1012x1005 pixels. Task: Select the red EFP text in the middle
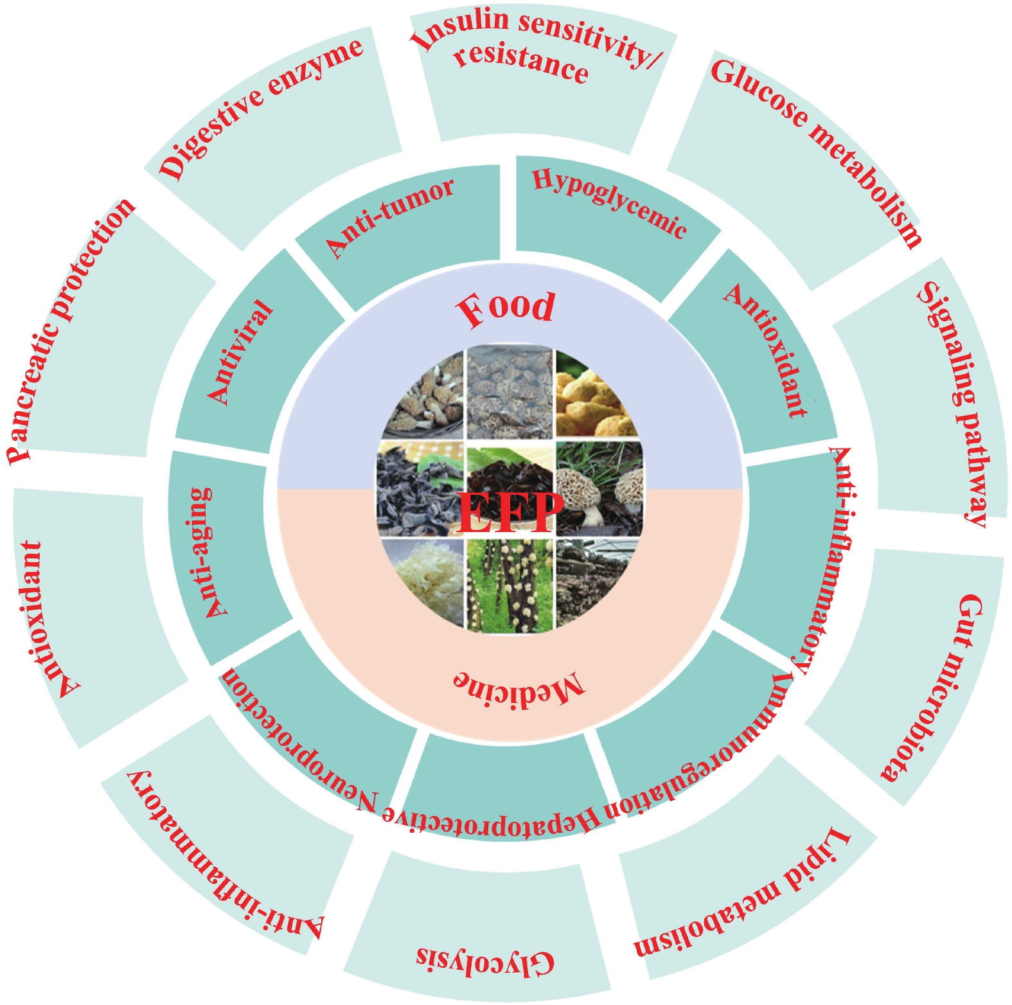coord(508,511)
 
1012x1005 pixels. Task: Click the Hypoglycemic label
coord(609,202)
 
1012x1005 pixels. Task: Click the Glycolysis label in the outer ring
coord(485,959)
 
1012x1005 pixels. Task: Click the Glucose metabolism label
coord(816,151)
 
